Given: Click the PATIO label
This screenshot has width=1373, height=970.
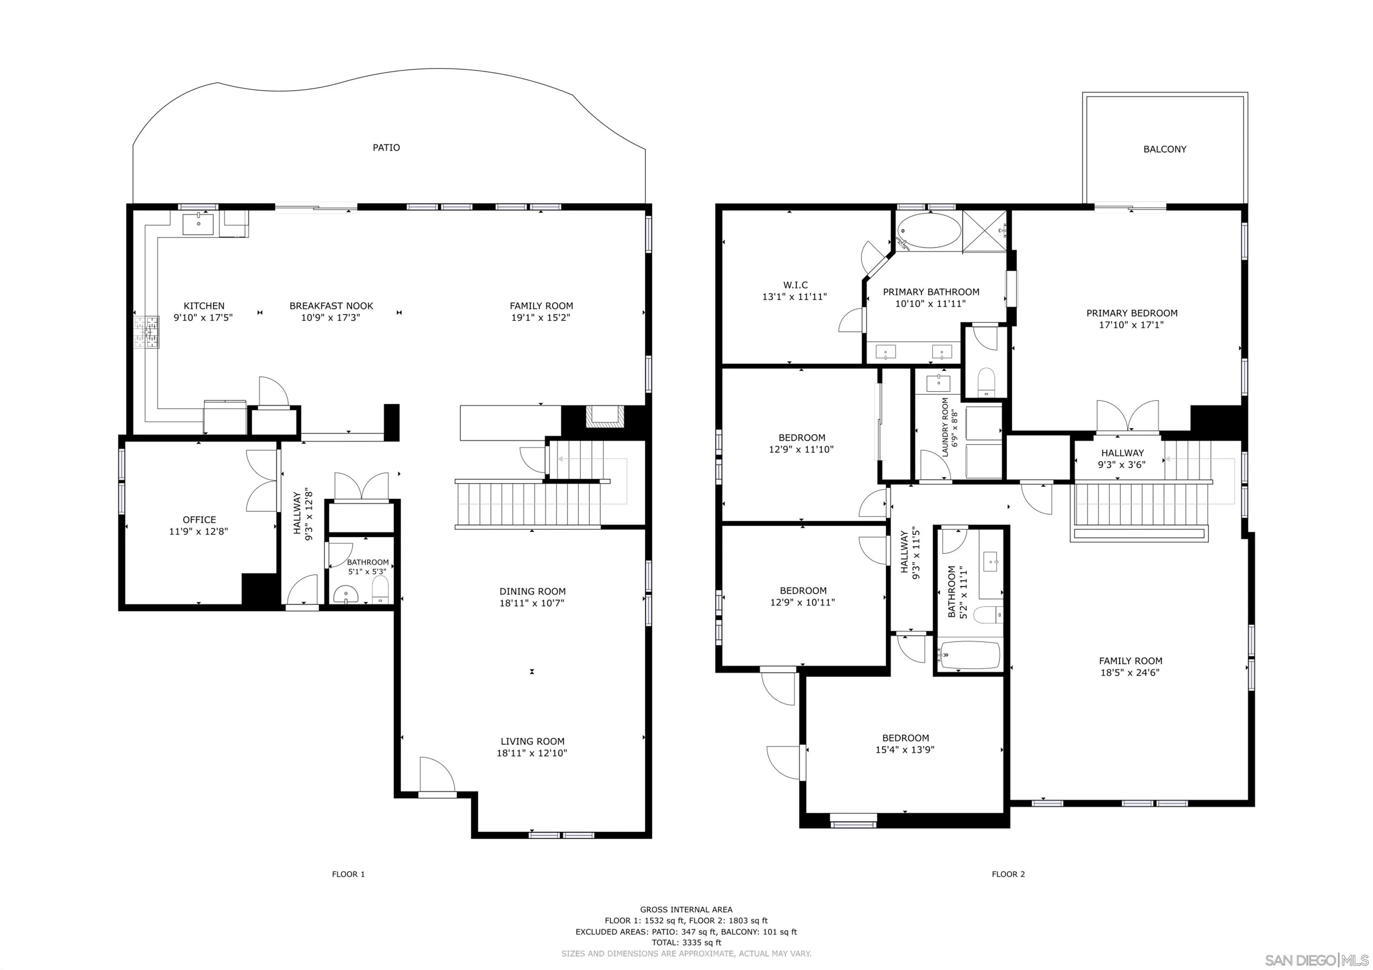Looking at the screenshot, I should tap(386, 148).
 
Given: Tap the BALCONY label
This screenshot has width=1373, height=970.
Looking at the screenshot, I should tap(1164, 150).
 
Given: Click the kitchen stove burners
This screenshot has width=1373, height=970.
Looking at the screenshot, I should tap(147, 332).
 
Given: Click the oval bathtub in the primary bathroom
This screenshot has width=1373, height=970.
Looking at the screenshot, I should tap(929, 231).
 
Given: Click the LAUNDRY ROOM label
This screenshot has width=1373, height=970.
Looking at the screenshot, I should tap(945, 427).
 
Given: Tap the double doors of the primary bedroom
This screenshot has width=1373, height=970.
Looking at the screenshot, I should tap(1127, 417).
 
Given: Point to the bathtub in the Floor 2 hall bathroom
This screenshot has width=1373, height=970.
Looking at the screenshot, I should tap(969, 656).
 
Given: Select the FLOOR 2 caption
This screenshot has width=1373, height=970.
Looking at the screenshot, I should tap(1008, 874).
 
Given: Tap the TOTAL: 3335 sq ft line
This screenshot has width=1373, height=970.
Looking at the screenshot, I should tap(686, 942).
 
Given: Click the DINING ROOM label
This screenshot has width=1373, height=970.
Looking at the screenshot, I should tap(532, 591).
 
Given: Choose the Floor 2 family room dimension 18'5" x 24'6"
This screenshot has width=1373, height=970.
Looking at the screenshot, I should tap(1130, 673).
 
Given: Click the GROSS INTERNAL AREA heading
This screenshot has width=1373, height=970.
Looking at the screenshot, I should tap(686, 910).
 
